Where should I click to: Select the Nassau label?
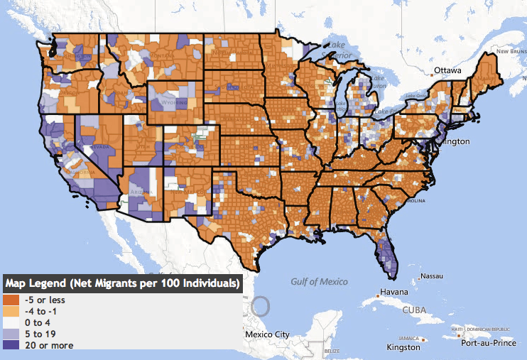(432, 276)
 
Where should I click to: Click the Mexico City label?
(266, 334)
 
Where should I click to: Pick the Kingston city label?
(403, 347)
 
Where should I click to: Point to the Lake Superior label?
(335, 49)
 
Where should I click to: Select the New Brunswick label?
(508, 51)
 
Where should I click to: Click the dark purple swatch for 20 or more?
(12, 345)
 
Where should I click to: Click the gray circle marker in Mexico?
(261, 307)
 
